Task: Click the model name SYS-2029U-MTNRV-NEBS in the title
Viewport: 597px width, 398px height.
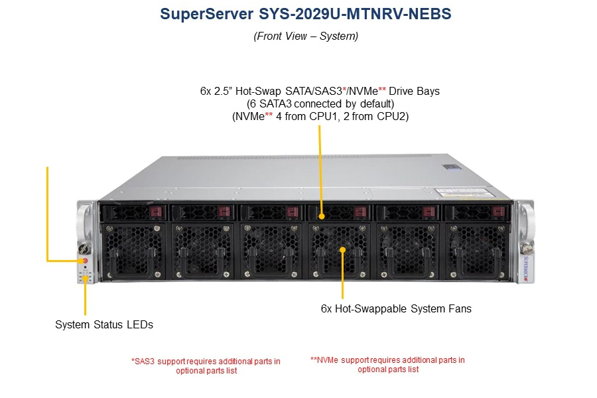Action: [x=355, y=14]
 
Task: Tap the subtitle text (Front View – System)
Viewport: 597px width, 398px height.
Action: [x=306, y=36]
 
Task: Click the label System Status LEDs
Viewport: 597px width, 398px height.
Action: [x=104, y=324]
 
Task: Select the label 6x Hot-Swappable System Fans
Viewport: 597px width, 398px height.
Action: [x=396, y=308]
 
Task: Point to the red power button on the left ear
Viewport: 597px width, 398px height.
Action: [x=85, y=261]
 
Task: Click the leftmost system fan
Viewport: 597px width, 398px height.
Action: [x=133, y=251]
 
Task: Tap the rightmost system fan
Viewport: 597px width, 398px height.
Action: [x=477, y=251]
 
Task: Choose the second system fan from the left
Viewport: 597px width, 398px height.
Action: [x=202, y=251]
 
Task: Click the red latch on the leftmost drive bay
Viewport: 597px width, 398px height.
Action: [x=156, y=212]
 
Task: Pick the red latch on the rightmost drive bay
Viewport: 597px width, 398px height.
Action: [x=498, y=212]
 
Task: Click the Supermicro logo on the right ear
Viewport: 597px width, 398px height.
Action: [x=526, y=269]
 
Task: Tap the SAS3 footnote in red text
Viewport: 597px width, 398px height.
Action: [x=206, y=365]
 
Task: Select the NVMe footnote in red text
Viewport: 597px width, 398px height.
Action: [x=387, y=364]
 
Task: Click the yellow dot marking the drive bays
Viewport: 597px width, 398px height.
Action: [x=322, y=216]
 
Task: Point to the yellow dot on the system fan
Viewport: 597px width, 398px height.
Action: [x=343, y=250]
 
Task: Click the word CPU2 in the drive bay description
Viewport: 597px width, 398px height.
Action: [x=393, y=116]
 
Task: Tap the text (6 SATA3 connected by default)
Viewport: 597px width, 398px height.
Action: [x=320, y=103]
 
